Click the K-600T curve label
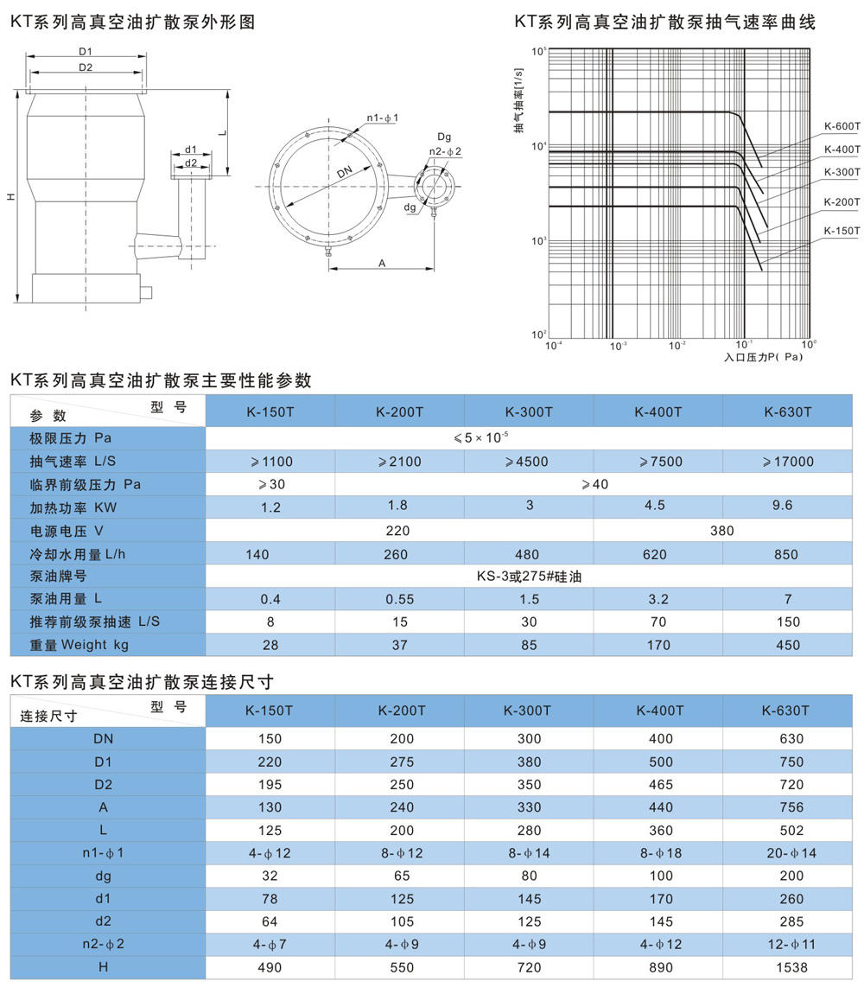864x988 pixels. click(x=842, y=126)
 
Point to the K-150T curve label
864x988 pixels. click(x=842, y=231)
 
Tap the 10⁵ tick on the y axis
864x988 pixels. click(x=538, y=52)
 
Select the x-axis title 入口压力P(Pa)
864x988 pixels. click(x=763, y=355)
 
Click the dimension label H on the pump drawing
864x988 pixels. click(x=10, y=197)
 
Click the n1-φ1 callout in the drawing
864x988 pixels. click(x=382, y=116)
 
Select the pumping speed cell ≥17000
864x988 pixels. click(x=787, y=462)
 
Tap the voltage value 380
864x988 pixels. click(x=722, y=531)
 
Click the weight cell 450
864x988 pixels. click(x=787, y=645)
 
